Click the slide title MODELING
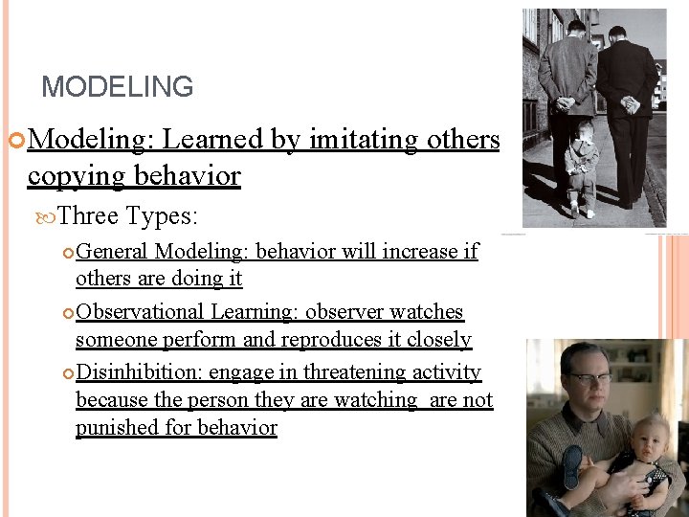117,87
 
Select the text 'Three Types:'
127,216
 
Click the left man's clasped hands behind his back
565,101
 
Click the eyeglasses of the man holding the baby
585,378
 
